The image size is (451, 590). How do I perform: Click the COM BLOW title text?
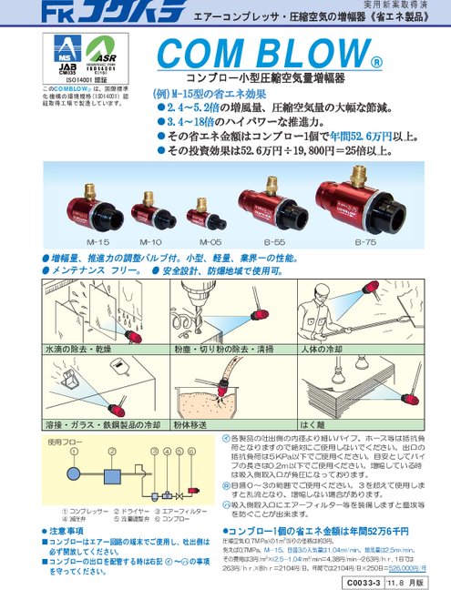pyautogui.click(x=269, y=62)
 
